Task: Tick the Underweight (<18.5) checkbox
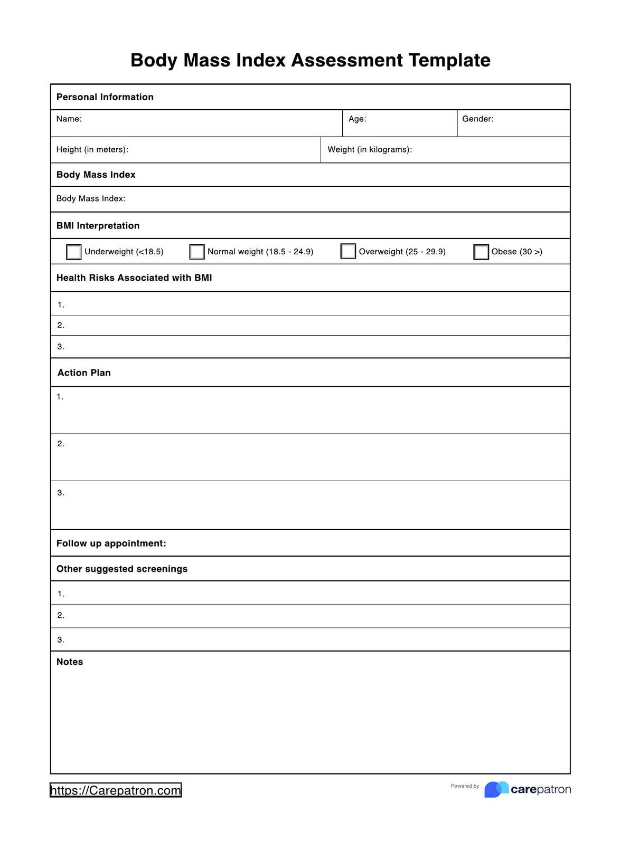[x=74, y=252]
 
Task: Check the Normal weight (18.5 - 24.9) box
[x=197, y=252]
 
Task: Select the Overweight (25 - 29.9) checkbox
[x=348, y=251]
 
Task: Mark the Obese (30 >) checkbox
[x=481, y=252]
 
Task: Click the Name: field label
[x=69, y=119]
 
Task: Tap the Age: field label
[x=357, y=119]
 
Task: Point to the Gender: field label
[x=478, y=119]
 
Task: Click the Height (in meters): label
[x=92, y=150]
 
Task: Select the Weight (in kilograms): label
[x=370, y=150]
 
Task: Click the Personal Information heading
[x=105, y=97]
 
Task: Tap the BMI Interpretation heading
[x=98, y=226]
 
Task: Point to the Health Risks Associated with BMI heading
[x=134, y=278]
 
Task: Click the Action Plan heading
[x=84, y=373]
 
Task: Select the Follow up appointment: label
[x=111, y=543]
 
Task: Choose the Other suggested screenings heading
[x=122, y=569]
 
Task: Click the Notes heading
[x=70, y=662]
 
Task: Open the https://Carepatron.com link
[x=116, y=790]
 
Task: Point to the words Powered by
[x=465, y=786]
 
